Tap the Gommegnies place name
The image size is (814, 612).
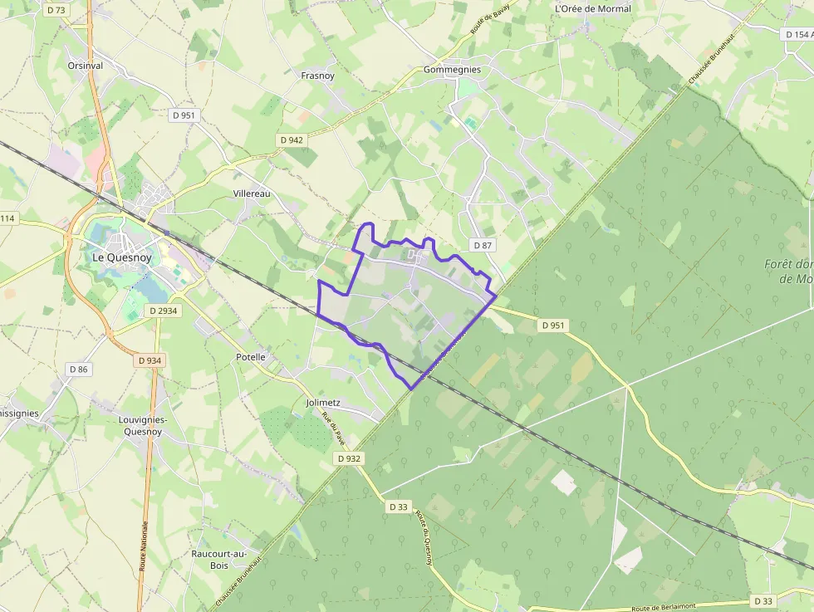[452, 70]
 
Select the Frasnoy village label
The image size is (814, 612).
[317, 76]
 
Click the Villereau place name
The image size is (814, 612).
[252, 193]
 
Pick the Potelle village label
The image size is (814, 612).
[251, 357]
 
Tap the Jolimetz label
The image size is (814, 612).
[323, 403]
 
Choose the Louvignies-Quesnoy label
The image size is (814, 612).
[144, 425]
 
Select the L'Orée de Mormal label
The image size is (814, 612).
[592, 9]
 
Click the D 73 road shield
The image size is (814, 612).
[56, 10]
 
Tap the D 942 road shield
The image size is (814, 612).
[291, 140]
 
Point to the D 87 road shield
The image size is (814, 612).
[482, 245]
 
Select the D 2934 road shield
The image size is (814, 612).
[163, 311]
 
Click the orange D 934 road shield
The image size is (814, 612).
[150, 360]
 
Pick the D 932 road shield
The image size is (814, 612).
[349, 458]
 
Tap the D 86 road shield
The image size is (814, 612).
[79, 369]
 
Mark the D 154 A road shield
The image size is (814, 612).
[797, 35]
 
